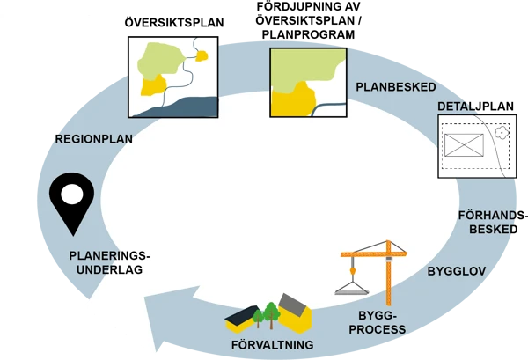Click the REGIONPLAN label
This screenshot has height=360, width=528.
point(94,138)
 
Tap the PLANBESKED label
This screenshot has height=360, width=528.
point(395,87)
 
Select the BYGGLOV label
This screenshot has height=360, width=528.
point(457,271)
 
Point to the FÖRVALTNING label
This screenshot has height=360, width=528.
point(272,344)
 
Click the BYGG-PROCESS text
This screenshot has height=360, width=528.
point(377,321)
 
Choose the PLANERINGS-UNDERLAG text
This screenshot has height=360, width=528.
point(110,262)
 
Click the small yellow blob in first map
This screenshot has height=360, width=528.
point(202,56)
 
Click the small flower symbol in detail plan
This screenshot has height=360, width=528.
point(501,133)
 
